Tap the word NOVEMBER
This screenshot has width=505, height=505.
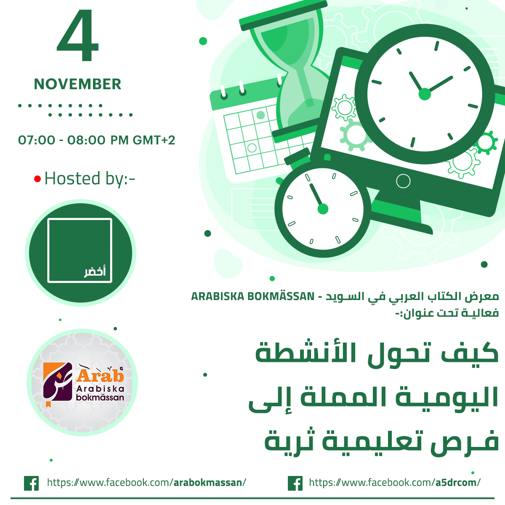[x=77, y=84]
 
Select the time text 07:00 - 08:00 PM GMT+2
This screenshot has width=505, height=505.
[x=96, y=140]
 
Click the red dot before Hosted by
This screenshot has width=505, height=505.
[x=37, y=179]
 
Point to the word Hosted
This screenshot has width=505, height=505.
[x=72, y=178]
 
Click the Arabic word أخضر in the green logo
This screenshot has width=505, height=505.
[x=95, y=272]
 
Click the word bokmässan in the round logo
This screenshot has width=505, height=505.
[x=100, y=397]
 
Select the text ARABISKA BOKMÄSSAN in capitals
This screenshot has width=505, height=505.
[x=252, y=296]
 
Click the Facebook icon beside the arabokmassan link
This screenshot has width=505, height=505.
[x=31, y=483]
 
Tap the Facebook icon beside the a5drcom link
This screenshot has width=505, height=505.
[x=295, y=483]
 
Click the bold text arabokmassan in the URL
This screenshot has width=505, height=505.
[x=208, y=482]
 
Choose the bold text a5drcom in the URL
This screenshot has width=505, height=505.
[x=456, y=482]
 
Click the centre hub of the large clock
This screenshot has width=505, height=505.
[x=425, y=94]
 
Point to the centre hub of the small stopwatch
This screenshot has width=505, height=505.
[x=323, y=209]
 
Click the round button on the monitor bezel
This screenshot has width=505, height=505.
[x=403, y=181]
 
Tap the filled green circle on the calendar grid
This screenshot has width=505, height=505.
[x=260, y=115]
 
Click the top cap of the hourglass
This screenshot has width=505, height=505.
[x=283, y=16]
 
